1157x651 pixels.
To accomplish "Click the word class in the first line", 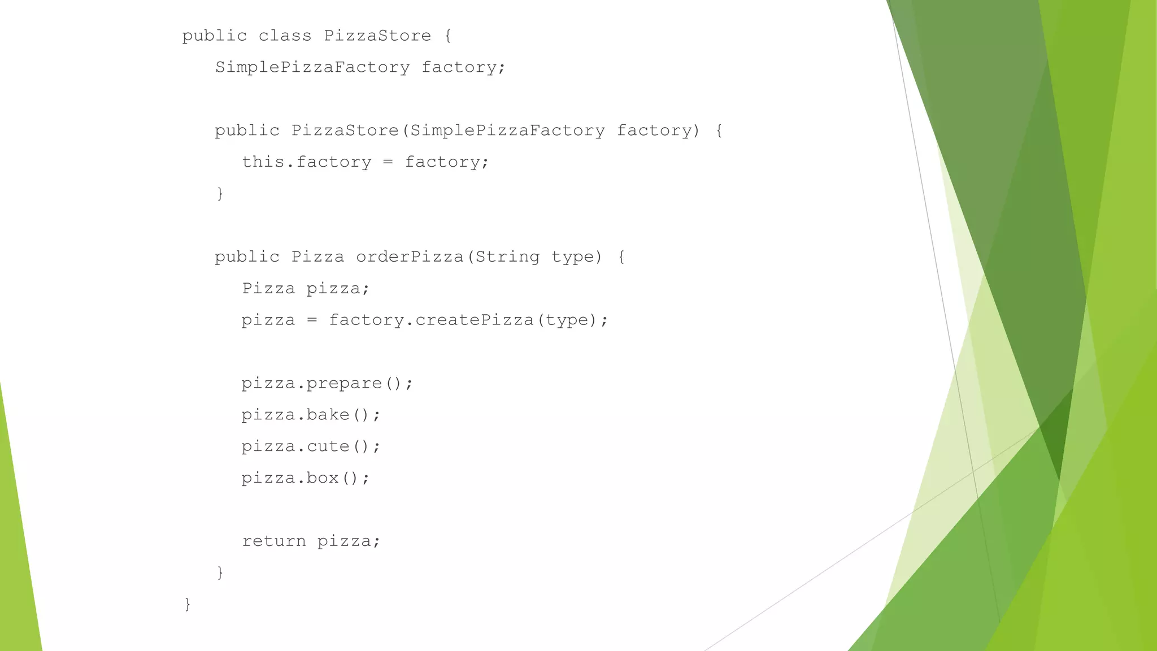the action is tap(285, 36).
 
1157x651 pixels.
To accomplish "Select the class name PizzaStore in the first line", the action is tap(377, 36).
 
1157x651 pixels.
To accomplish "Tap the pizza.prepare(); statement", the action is tap(327, 384).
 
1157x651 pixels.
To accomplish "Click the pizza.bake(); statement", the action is tap(311, 415).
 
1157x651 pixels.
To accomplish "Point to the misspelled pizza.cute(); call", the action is tap(311, 447).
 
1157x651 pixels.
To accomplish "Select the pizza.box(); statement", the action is tap(306, 479).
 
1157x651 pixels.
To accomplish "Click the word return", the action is tap(274, 541).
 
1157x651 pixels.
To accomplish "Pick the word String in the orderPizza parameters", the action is tap(507, 257).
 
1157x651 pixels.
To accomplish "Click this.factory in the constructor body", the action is tap(307, 162).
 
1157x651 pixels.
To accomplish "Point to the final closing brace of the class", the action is tap(188, 605).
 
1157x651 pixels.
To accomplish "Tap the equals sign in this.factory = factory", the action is tap(388, 163).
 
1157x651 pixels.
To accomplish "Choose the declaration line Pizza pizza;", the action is tap(306, 289).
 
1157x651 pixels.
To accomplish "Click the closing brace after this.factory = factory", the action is tap(220, 194).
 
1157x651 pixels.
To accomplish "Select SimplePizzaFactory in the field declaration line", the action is tap(312, 67).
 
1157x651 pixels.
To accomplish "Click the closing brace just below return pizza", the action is tap(220, 573).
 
